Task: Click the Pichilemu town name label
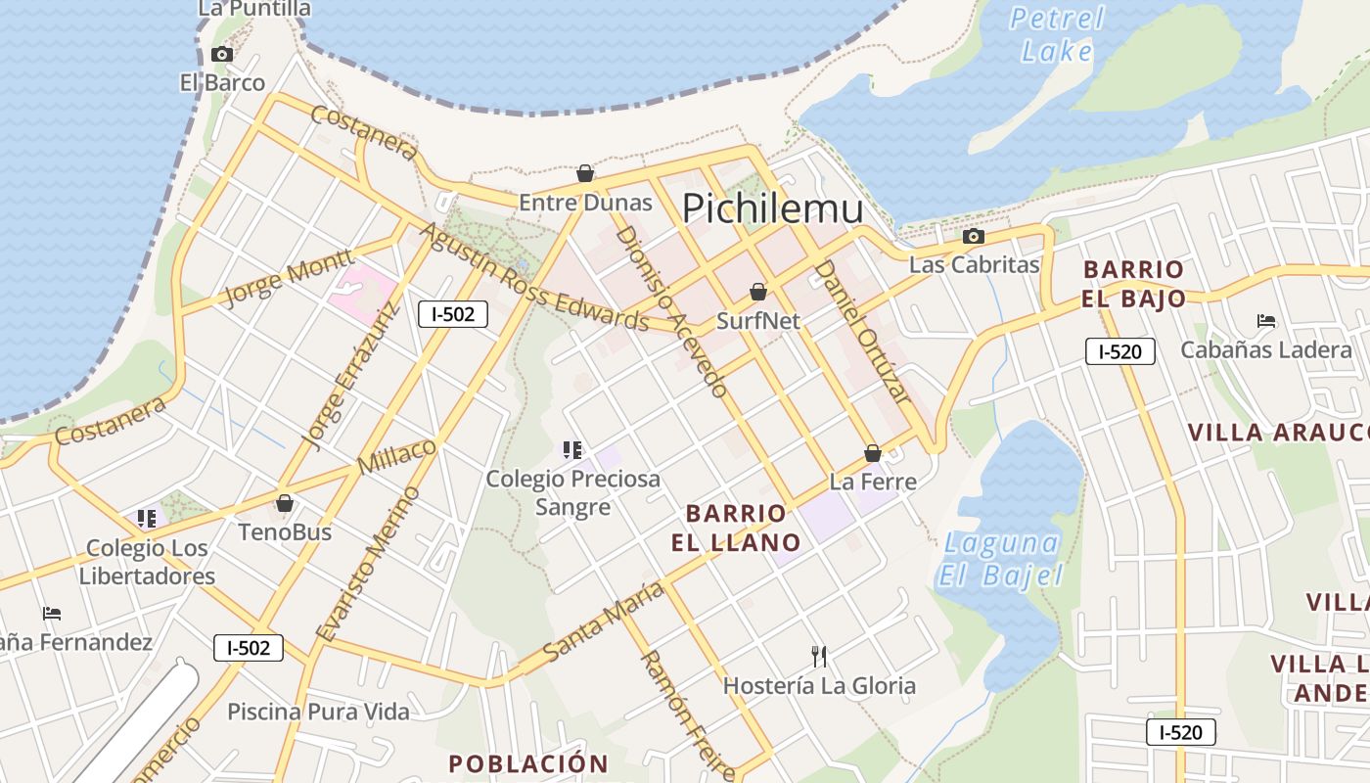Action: point(772,209)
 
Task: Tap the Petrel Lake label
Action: point(1056,34)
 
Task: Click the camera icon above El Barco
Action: point(222,54)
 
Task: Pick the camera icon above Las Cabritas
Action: point(973,236)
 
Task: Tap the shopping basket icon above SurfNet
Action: point(757,292)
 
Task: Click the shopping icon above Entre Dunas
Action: point(585,173)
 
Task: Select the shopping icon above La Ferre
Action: point(873,453)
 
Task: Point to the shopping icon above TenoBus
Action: point(285,503)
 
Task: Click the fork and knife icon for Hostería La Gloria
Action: point(819,656)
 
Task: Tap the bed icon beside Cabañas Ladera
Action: point(1265,321)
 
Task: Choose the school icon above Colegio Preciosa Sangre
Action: point(572,450)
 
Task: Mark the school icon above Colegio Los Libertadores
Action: point(147,518)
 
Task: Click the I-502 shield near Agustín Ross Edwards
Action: point(453,314)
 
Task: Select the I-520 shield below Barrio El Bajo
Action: point(1119,352)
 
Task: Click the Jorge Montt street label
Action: point(288,278)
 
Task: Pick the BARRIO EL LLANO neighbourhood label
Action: point(736,528)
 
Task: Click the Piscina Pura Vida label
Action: point(318,712)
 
